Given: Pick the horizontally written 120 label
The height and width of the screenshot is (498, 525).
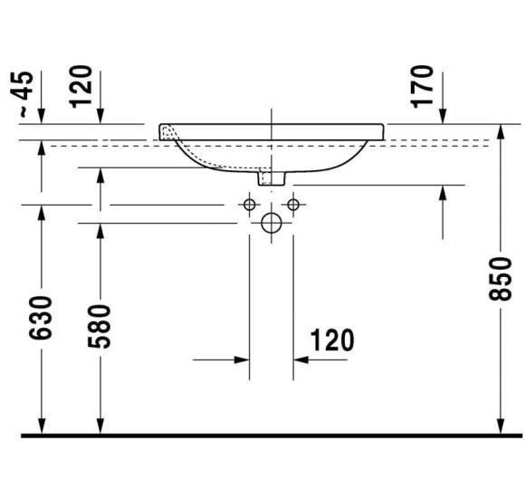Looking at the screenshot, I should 332,340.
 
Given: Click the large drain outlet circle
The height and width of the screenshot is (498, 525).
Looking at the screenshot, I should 271,223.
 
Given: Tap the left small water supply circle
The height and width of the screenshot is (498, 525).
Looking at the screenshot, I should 249,205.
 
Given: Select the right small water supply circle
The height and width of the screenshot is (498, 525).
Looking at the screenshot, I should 292,205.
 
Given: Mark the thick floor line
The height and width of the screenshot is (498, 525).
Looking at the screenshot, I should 271,436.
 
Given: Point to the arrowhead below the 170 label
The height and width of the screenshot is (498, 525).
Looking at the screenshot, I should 443,116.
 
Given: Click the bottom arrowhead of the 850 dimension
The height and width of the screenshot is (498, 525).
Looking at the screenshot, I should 501,426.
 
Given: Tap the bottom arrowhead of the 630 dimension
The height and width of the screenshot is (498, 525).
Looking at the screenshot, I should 42,426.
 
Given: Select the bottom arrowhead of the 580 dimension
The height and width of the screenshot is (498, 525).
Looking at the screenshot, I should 100,426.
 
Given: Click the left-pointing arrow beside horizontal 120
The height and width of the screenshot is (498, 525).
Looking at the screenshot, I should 301,359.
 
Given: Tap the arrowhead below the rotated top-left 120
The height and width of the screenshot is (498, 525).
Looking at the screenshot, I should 100,116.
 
